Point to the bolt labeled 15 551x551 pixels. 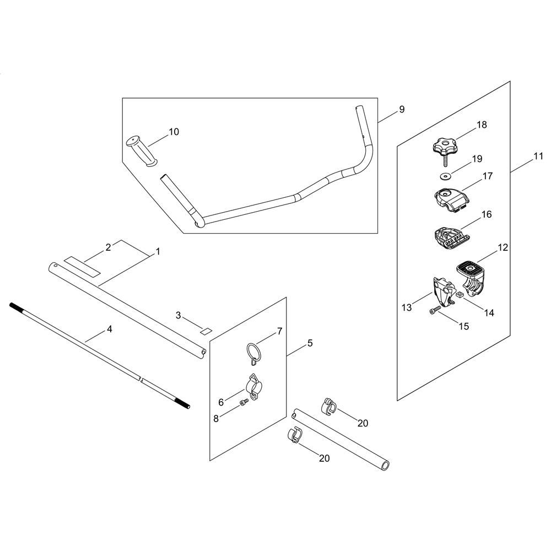point(435,311)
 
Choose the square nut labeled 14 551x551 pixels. point(460,295)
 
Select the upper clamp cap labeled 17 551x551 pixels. point(452,199)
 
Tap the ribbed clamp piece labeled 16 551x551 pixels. point(450,237)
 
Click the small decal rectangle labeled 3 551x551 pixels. point(206,331)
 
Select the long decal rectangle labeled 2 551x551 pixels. point(82,266)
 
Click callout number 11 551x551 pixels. point(538,156)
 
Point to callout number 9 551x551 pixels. point(402,109)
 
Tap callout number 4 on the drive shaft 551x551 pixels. point(109,329)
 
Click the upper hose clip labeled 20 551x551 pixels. point(329,407)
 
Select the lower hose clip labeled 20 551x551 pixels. point(295,435)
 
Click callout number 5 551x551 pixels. point(310,343)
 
